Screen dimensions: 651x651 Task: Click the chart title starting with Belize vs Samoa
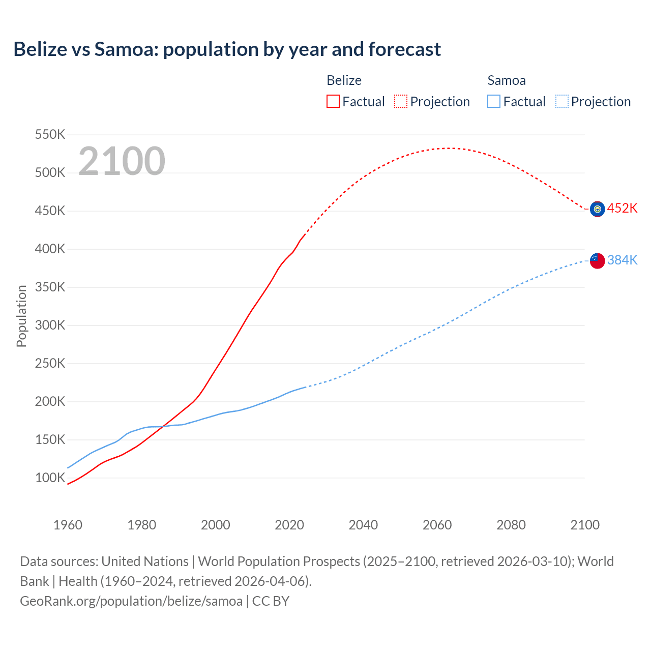[x=227, y=49]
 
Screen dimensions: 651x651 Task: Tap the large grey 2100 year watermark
[x=122, y=161]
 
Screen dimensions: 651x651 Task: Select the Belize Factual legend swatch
[x=333, y=101]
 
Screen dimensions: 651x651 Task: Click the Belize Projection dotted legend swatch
[x=401, y=101]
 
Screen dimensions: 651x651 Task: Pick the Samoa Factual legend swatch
[x=493, y=101]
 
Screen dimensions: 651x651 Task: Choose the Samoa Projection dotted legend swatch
[x=561, y=101]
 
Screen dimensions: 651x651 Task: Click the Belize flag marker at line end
[x=597, y=209]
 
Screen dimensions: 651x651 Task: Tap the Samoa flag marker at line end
[x=597, y=260]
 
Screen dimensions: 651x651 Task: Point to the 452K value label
[x=622, y=209]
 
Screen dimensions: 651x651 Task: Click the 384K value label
[x=622, y=260]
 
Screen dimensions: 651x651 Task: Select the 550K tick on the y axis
[x=50, y=135]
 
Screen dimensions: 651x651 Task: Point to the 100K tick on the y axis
[x=50, y=478]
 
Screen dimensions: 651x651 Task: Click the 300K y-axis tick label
[x=50, y=325]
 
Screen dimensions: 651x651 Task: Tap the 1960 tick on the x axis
[x=68, y=525]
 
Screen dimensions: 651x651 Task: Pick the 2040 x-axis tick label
[x=363, y=525]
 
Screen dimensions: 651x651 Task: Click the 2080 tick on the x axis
[x=511, y=525]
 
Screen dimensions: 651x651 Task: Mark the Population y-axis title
[x=21, y=316]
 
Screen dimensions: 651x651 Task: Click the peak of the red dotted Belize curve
[x=448, y=149]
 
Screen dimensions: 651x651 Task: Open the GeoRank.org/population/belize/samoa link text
[x=131, y=601]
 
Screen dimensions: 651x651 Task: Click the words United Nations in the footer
[x=145, y=561]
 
